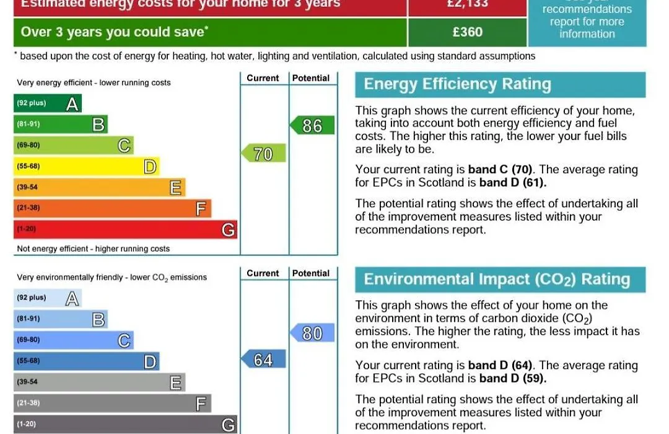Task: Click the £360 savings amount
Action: coord(468,32)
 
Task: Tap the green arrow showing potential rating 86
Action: coord(312,126)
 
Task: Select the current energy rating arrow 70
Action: coord(263,154)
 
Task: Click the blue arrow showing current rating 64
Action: coord(263,360)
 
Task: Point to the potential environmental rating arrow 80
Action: coord(312,334)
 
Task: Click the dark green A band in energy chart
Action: coord(48,104)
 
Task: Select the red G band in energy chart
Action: coord(125,229)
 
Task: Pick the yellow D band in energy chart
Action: coord(86,166)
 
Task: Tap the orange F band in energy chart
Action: coord(112,208)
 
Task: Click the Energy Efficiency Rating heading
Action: coord(457,84)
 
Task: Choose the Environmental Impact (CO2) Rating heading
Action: coord(497,280)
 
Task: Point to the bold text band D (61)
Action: coord(513,183)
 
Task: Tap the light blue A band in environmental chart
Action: coord(48,298)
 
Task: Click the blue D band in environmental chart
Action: coord(86,361)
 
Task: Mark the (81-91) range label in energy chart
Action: coord(28,124)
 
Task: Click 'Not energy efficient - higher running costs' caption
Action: coord(94,249)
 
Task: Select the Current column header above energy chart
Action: coord(263,78)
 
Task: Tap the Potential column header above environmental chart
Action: coord(311,273)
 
